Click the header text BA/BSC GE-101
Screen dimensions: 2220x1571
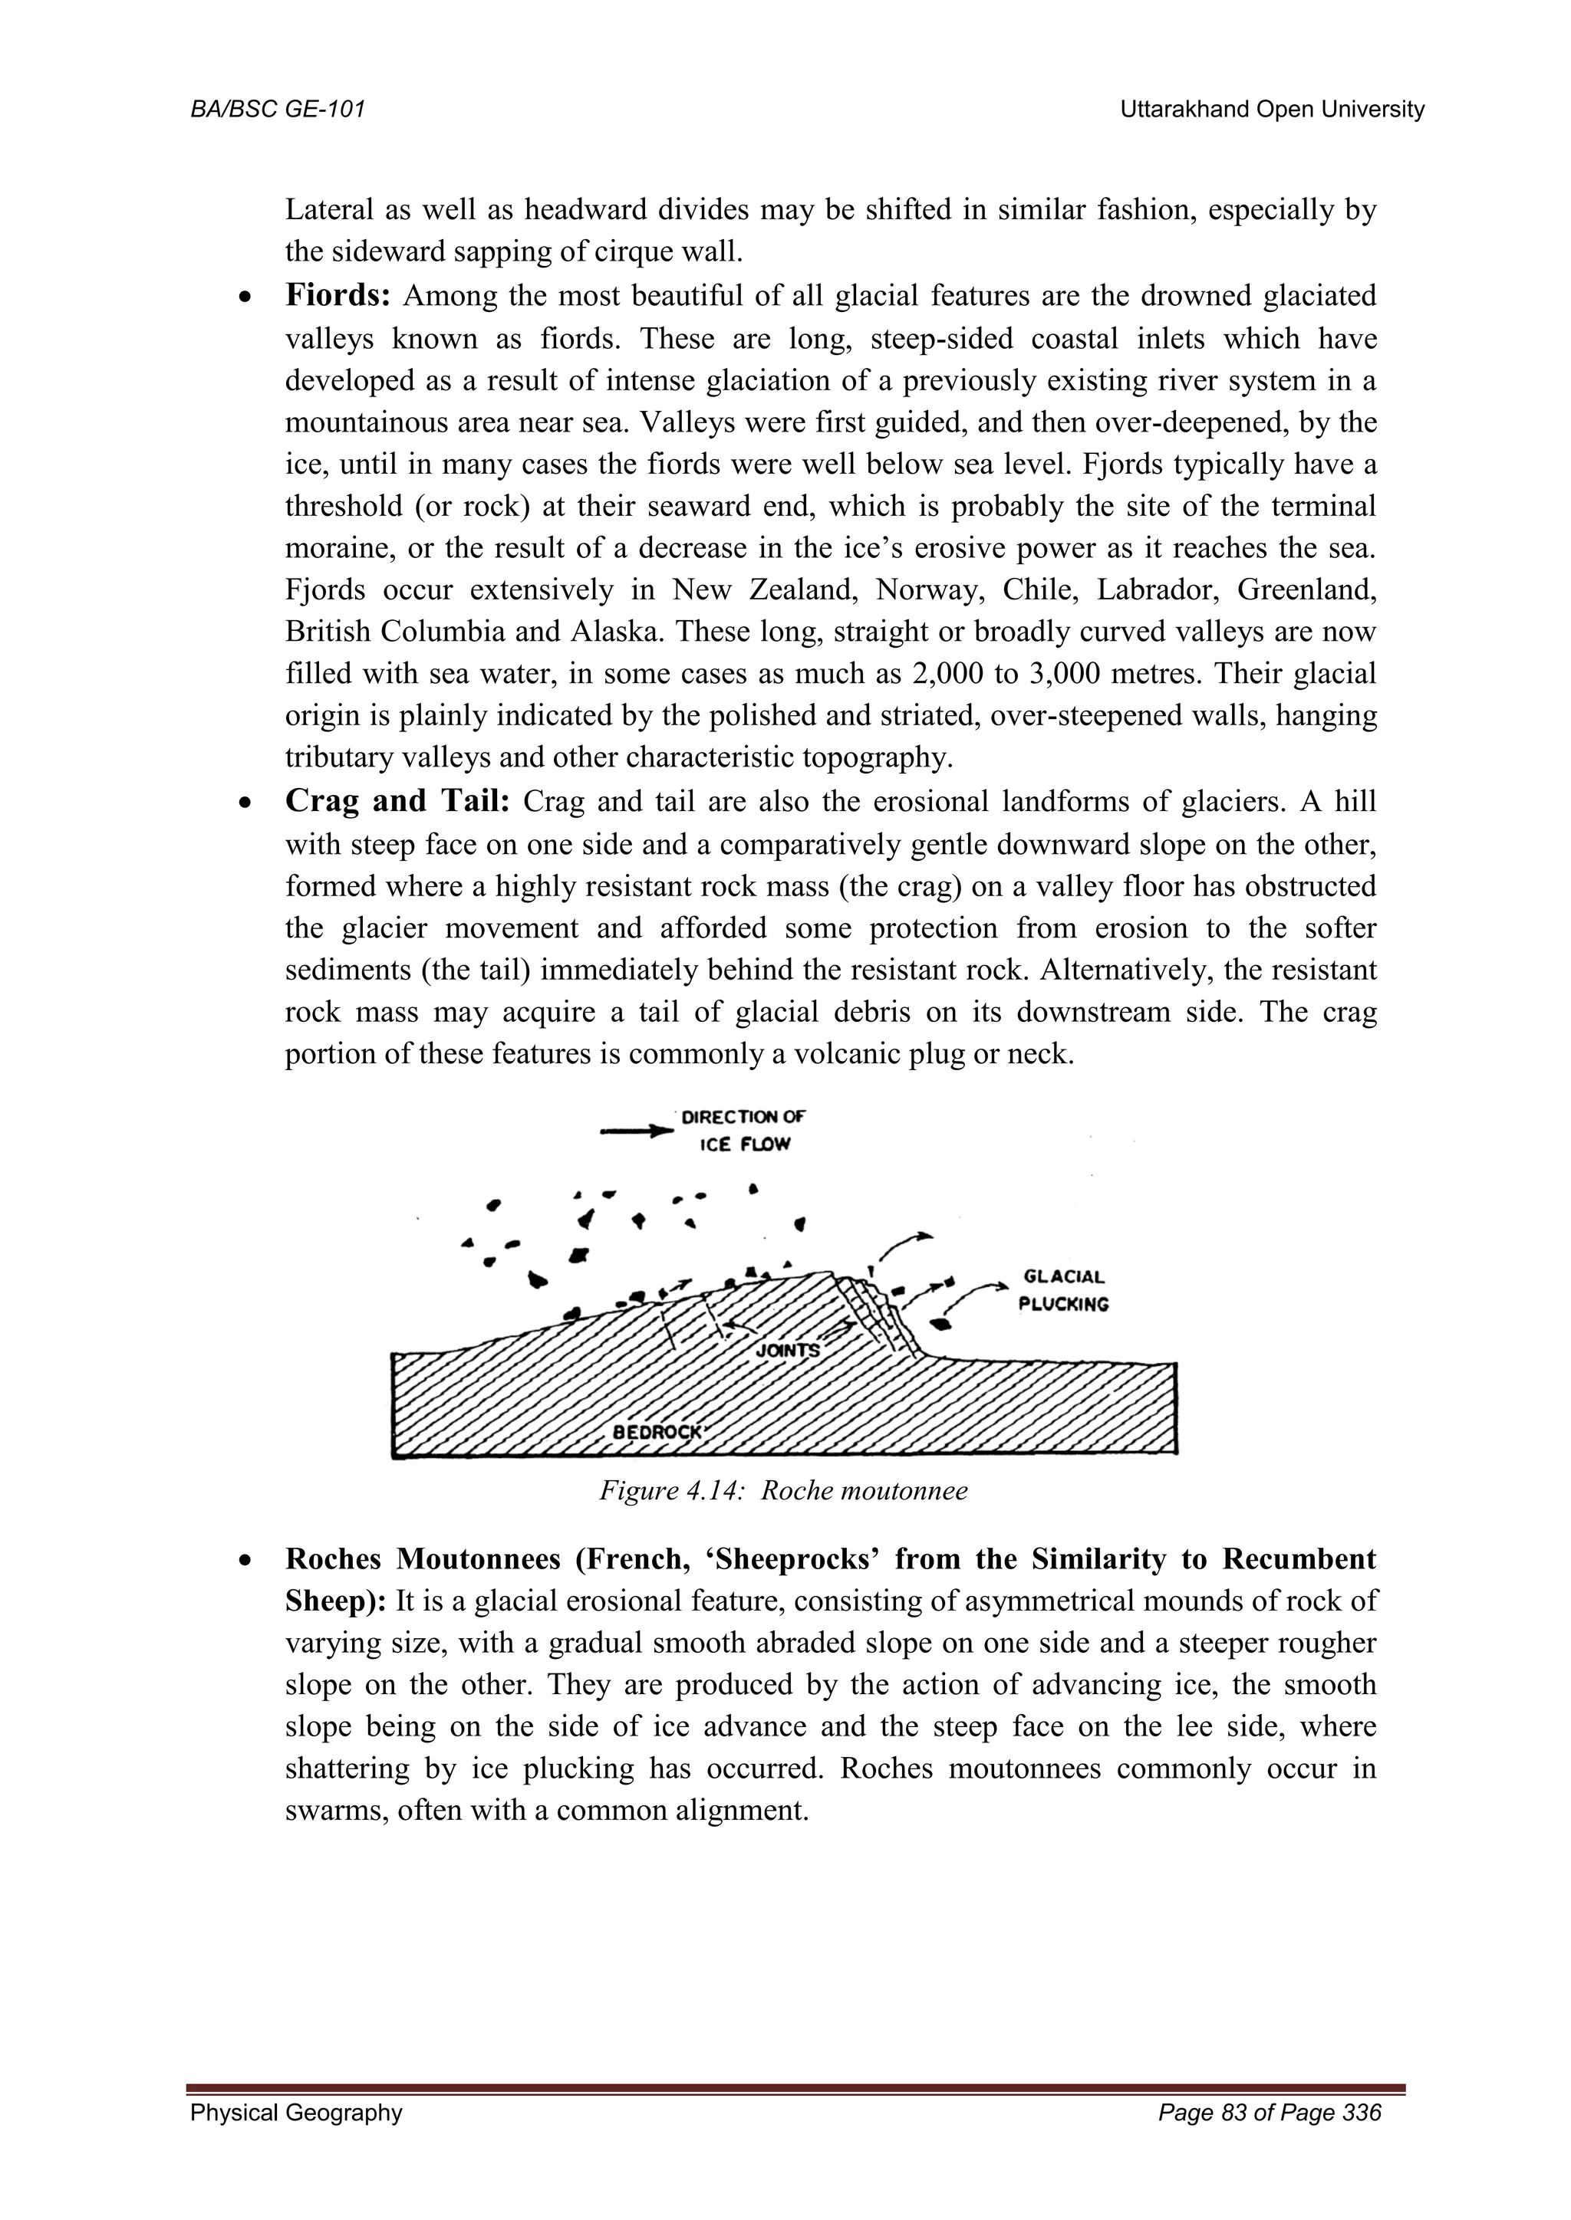[x=277, y=110]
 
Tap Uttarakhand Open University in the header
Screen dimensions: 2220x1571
[x=1271, y=110]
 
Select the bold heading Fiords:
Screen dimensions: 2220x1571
[x=338, y=296]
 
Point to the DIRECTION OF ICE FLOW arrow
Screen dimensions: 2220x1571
[x=637, y=1129]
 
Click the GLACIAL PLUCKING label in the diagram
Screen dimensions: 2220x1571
[x=1063, y=1290]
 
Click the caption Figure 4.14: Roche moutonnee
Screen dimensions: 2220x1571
[x=783, y=1490]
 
